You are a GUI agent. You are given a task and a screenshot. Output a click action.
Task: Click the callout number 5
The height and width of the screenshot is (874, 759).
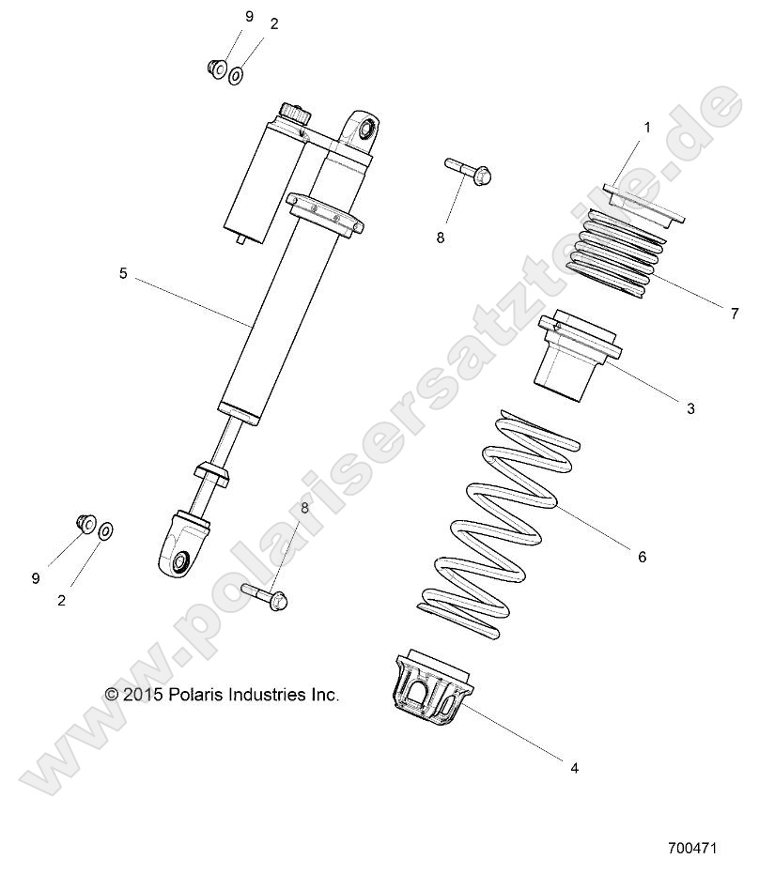123,273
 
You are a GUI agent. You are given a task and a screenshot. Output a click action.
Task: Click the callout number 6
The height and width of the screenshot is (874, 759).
642,557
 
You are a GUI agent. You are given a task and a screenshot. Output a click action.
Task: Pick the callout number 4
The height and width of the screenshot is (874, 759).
574,767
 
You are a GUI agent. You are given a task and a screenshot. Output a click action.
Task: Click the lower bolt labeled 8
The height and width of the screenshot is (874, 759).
266,594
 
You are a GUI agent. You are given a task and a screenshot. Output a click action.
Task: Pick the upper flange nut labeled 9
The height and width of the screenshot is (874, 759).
214,69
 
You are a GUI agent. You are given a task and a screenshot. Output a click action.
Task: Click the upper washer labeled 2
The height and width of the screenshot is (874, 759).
236,74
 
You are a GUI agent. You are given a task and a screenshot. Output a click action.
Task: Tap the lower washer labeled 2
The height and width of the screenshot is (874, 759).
105,532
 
